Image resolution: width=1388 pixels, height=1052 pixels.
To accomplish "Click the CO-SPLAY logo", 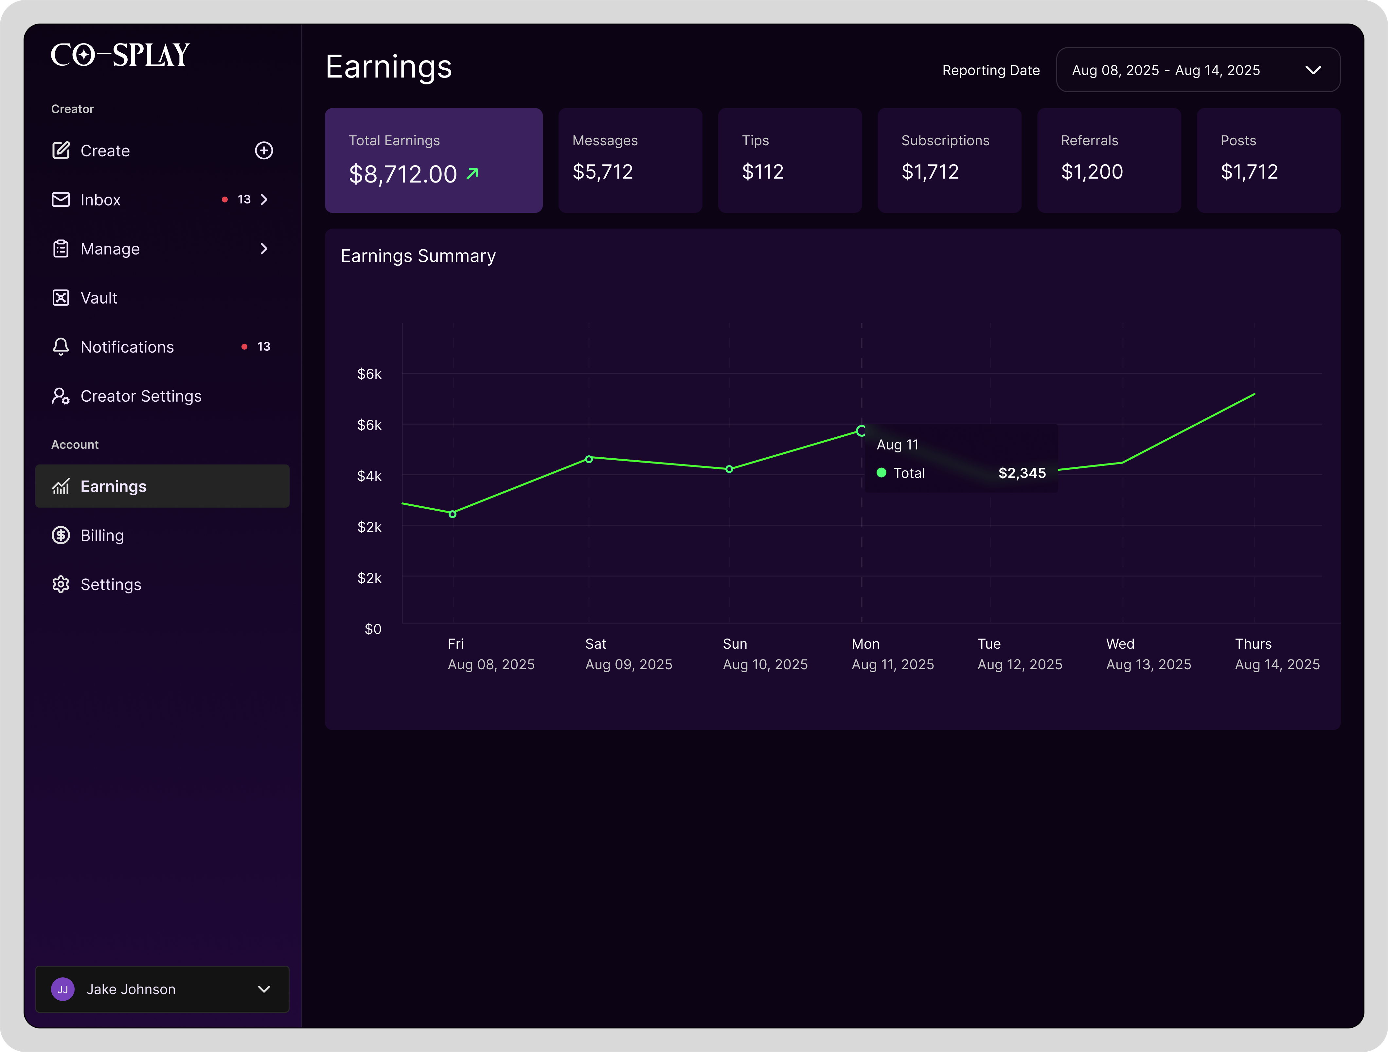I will (x=120, y=55).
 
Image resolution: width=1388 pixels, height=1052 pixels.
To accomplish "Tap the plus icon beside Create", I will (x=263, y=150).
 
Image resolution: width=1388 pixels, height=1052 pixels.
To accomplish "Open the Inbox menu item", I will (x=100, y=200).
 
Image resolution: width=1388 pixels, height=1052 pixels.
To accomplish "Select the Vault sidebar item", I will (x=98, y=298).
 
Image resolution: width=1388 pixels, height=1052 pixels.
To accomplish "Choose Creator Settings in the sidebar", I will (x=141, y=396).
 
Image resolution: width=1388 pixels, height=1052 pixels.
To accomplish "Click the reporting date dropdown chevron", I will (x=1313, y=70).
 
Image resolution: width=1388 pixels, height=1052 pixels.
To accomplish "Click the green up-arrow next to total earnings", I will (x=472, y=173).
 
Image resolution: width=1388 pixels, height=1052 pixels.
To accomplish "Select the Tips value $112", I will (x=762, y=172).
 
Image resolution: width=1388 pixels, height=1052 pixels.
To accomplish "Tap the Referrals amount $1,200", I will (x=1092, y=172).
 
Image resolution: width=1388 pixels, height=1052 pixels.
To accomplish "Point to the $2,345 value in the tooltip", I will (x=1022, y=473).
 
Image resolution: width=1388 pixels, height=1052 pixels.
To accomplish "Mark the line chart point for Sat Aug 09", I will (x=589, y=459).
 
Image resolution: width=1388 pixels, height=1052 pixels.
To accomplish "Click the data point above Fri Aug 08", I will (x=453, y=514).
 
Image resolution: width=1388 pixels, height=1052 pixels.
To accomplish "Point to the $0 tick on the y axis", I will (x=373, y=629).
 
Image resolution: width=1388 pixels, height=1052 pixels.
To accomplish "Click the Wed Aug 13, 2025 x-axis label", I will (x=1148, y=654).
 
